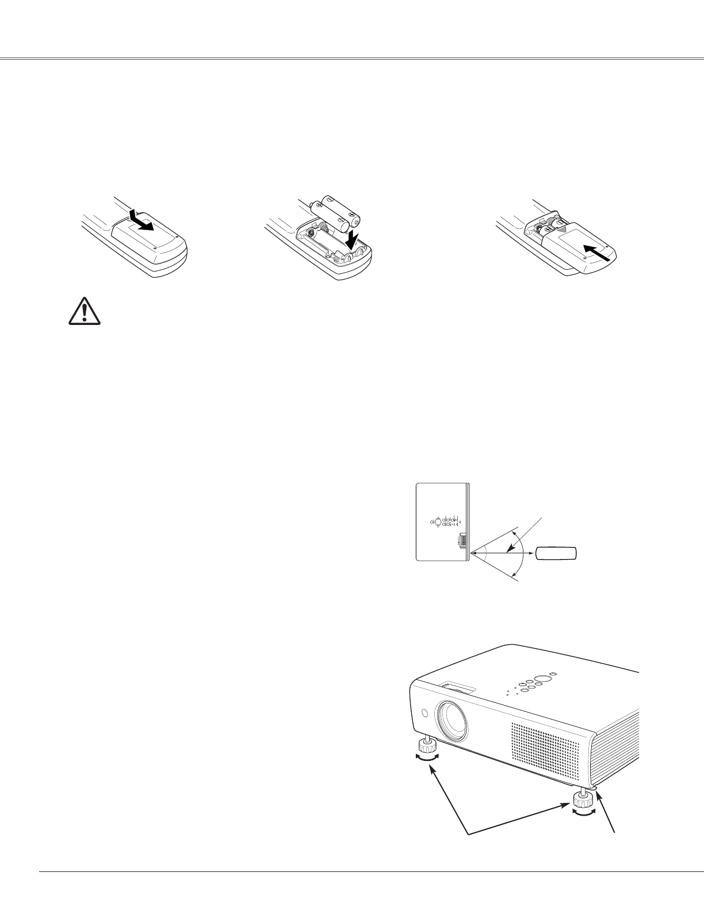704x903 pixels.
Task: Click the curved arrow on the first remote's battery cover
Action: point(142,221)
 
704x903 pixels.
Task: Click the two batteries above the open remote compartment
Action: point(337,213)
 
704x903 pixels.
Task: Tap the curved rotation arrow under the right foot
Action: point(583,810)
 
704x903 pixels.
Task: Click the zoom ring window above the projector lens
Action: point(459,688)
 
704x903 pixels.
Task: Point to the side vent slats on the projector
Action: point(619,742)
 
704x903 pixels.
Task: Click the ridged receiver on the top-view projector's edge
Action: point(462,541)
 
